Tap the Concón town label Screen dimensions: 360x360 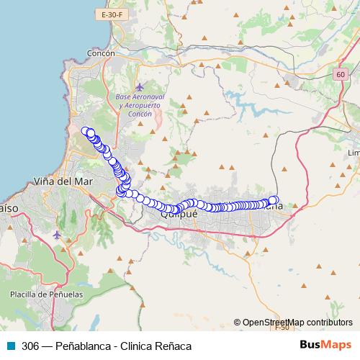point(101,53)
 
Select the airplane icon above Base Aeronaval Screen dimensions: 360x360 point(140,86)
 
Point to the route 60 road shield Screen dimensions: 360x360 point(341,75)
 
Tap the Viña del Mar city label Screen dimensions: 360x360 point(61,181)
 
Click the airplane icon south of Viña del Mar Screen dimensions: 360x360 point(58,235)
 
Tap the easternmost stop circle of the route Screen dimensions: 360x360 point(274,201)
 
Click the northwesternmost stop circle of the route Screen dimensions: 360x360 point(86,131)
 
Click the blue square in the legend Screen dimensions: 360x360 point(12,346)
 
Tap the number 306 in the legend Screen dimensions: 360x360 point(31,346)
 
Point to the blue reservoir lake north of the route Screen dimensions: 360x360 point(248,101)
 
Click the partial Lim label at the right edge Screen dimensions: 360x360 point(354,153)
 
